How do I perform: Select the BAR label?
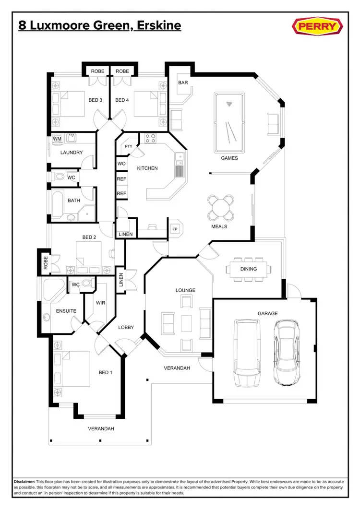[183, 83]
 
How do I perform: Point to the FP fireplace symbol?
[175, 229]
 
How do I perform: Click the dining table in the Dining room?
[249, 269]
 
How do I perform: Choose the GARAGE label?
[267, 313]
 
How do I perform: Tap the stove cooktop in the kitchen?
[151, 139]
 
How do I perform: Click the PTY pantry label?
[128, 146]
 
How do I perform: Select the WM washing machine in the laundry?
[57, 139]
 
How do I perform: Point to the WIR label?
[101, 303]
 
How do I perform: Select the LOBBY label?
[126, 327]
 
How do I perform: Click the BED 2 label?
[89, 237]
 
